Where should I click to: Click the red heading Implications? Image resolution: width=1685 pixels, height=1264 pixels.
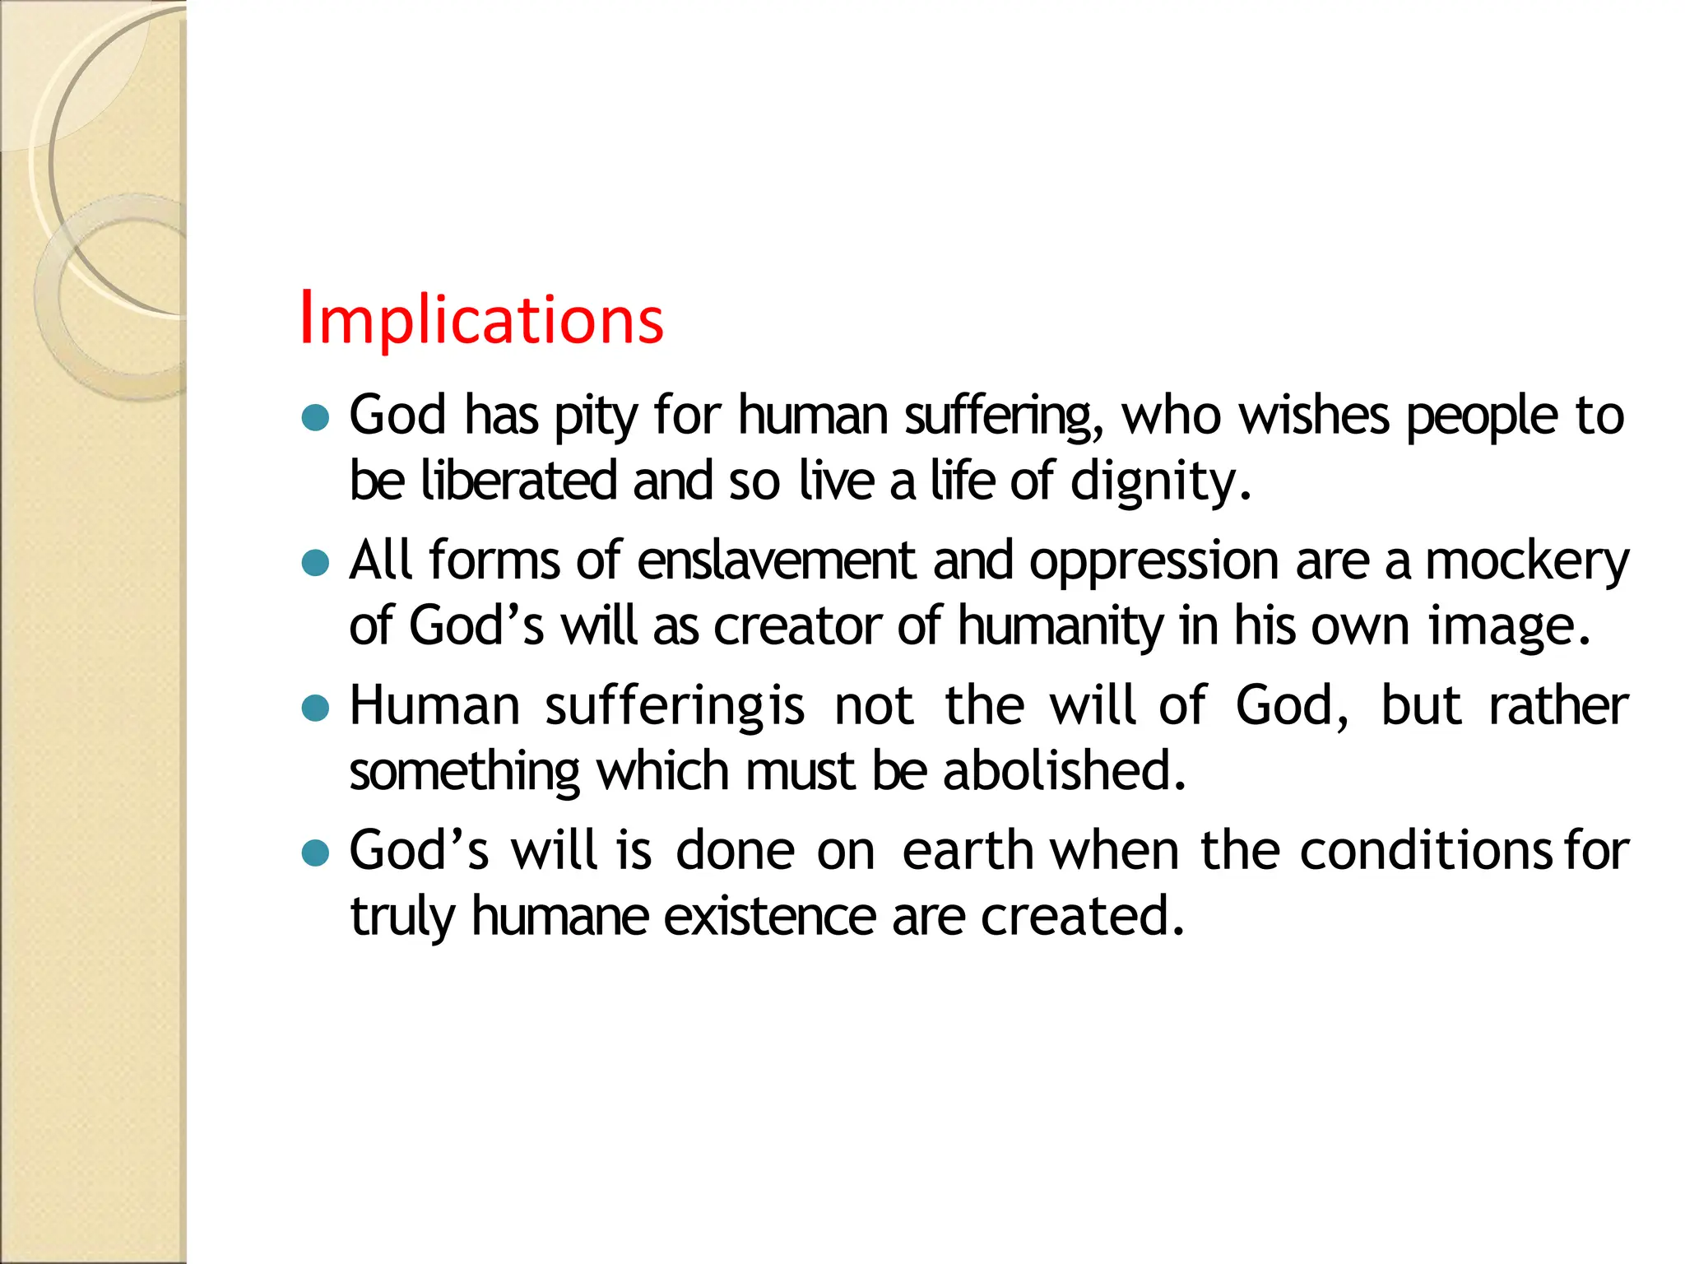481,319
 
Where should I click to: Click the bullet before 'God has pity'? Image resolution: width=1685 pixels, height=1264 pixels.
315,418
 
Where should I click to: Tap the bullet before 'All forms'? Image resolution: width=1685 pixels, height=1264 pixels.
315,564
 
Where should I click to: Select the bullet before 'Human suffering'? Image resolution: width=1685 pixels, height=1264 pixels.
315,708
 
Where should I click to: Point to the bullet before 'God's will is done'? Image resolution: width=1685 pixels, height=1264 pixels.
315,853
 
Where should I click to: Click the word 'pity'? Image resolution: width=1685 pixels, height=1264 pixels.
595,416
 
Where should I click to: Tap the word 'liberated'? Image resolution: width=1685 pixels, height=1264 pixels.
518,481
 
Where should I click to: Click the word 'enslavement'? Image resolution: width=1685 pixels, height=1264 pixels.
776,561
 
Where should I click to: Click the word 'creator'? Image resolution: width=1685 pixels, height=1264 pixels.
797,626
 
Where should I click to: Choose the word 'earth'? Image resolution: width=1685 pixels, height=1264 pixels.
968,851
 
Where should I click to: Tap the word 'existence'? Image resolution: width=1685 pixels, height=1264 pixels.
770,917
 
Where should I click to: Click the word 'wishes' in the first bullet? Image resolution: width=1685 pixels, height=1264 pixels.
1314,416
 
